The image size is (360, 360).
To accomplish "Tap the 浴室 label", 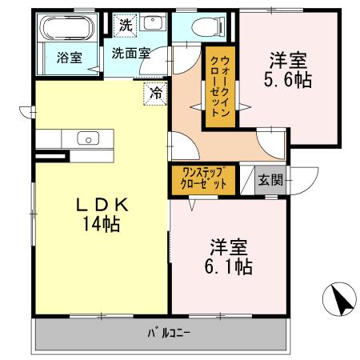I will pyautogui.click(x=68, y=57).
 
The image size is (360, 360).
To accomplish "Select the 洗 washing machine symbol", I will pyautogui.click(x=126, y=25).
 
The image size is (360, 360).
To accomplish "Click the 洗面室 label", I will pyautogui.click(x=130, y=54).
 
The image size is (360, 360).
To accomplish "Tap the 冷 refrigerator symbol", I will pyautogui.click(x=157, y=93).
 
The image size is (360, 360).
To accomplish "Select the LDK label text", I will pyautogui.click(x=102, y=206).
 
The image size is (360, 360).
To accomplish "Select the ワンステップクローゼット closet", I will pyautogui.click(x=203, y=178).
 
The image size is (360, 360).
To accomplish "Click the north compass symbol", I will pyautogui.click(x=342, y=302).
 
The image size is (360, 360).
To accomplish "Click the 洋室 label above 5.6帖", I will pyautogui.click(x=289, y=59).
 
